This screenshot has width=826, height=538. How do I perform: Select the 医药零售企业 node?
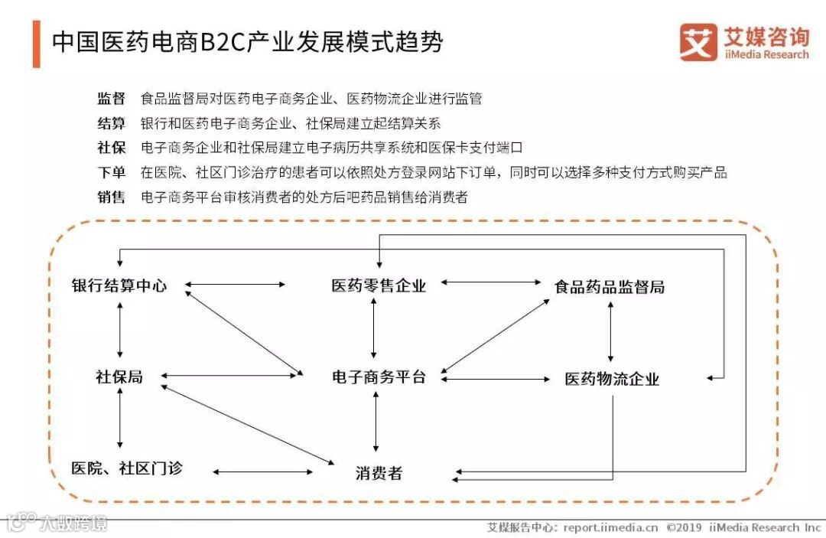[379, 286]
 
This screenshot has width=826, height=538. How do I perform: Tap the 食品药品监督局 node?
[609, 287]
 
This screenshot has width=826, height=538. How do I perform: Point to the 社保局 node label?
[119, 377]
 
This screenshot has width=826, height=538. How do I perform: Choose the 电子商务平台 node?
[379, 377]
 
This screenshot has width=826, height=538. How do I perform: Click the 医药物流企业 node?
[612, 379]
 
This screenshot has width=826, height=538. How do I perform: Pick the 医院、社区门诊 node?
[127, 468]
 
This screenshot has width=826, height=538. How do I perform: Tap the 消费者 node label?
[379, 473]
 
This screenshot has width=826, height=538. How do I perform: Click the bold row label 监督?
[111, 99]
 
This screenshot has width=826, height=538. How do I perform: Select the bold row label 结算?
[111, 123]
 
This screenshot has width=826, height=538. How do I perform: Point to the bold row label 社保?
[111, 148]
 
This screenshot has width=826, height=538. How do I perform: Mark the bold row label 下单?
[111, 172]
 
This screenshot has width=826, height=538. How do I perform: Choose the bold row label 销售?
[111, 197]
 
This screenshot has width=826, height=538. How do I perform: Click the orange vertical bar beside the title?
[36, 44]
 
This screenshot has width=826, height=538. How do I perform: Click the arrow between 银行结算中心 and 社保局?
[120, 331]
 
